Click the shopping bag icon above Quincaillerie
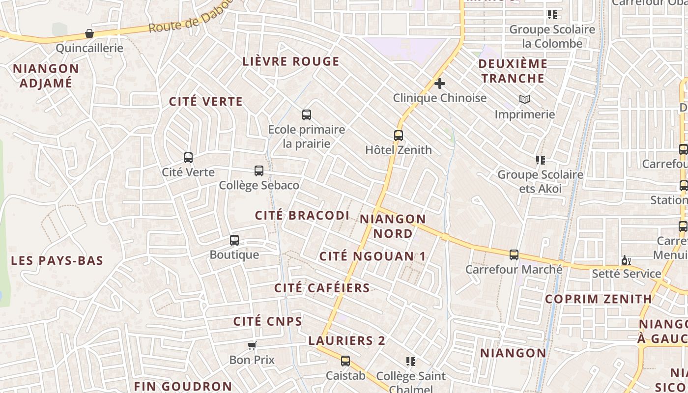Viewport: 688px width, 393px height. (89, 33)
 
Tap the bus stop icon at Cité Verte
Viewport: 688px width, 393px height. (188, 158)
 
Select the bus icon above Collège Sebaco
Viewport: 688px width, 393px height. (259, 171)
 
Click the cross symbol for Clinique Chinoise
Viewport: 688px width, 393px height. (440, 84)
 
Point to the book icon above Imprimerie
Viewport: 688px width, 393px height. (525, 100)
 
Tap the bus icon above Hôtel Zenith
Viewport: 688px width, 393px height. (399, 136)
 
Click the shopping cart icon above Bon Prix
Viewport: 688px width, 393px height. (252, 345)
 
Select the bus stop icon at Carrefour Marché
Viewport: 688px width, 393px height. (514, 255)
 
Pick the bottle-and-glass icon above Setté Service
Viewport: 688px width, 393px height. (626, 260)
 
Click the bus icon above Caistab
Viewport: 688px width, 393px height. (345, 361)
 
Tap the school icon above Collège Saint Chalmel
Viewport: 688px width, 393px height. (411, 362)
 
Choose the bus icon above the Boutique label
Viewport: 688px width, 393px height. (234, 240)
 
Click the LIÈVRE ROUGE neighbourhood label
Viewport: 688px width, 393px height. (291, 61)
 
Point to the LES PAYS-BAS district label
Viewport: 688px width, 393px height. (57, 260)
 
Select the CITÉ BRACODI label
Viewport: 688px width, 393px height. (302, 215)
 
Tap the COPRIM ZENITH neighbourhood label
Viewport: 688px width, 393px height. (598, 299)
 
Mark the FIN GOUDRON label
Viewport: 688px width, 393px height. (183, 386)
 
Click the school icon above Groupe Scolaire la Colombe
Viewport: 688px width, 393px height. (552, 15)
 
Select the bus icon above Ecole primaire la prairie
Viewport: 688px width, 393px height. (307, 115)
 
